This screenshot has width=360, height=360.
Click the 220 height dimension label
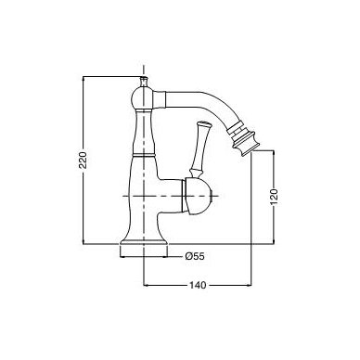[x=84, y=160]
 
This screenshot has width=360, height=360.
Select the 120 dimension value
[x=274, y=197]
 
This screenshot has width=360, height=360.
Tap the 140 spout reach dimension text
[x=198, y=285]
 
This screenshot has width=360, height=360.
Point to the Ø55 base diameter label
[x=195, y=256]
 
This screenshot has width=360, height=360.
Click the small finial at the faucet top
[x=144, y=82]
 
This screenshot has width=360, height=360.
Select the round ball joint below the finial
[x=143, y=99]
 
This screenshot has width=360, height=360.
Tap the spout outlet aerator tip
[x=244, y=140]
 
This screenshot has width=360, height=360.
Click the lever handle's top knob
[x=203, y=123]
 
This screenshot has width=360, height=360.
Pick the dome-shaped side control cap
[x=197, y=196]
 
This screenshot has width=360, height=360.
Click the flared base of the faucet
[x=144, y=244]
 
